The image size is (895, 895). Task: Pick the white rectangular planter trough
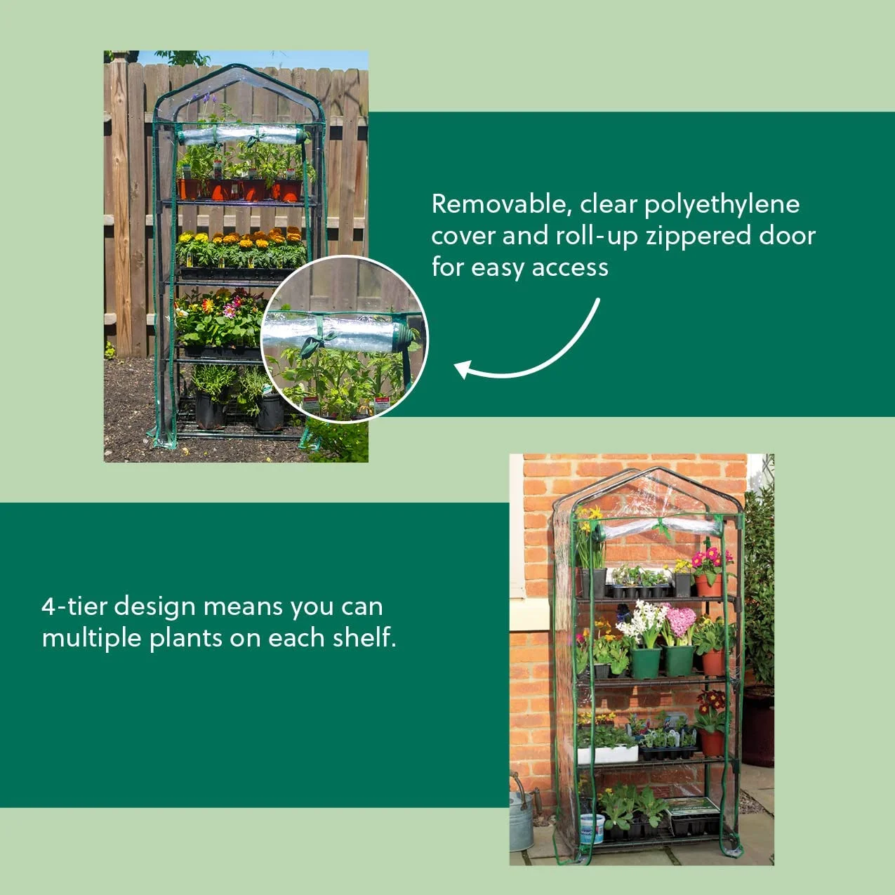(607, 754)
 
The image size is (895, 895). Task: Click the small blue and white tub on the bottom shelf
(592, 828)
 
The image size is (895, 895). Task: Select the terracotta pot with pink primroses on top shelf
(708, 583)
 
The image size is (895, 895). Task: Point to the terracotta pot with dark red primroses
(711, 741)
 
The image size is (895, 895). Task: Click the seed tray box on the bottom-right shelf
(694, 816)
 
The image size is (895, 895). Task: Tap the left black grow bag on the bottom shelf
(210, 410)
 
